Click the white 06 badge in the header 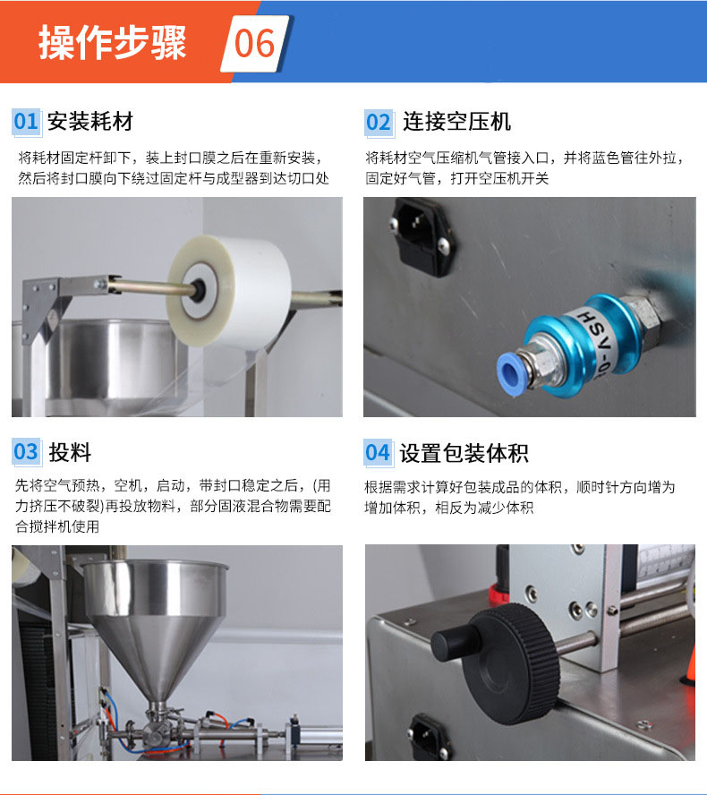tap(256, 44)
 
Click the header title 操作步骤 tap(113, 43)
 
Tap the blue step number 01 tap(26, 122)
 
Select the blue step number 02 tap(379, 122)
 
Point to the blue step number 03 tap(26, 452)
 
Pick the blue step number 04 tap(378, 452)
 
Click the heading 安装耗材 tap(90, 122)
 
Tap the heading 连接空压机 tap(456, 122)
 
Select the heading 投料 tap(70, 452)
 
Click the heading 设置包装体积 tap(464, 453)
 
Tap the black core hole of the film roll tap(197, 290)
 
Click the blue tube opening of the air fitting tap(508, 369)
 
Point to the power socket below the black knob tap(429, 739)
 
